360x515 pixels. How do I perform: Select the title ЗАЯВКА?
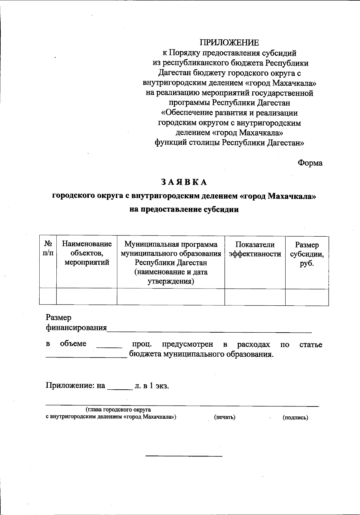point(184,182)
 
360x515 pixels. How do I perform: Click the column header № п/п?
point(48,248)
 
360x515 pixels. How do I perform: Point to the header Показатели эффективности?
point(255,249)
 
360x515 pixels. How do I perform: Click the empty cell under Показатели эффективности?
point(255,297)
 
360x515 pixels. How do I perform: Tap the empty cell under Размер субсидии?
point(307,297)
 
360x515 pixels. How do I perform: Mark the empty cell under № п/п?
point(48,297)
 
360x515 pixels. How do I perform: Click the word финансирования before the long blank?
point(76,328)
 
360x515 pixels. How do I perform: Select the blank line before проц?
point(109,347)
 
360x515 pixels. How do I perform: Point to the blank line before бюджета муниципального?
point(86,357)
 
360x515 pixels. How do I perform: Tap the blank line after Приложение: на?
point(120,389)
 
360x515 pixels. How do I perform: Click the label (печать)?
point(224,417)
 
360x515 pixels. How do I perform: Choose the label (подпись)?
point(295,417)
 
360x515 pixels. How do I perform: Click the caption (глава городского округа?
point(118,409)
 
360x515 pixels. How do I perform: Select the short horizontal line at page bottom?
point(184,456)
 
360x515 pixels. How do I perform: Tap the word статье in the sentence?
point(311,344)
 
